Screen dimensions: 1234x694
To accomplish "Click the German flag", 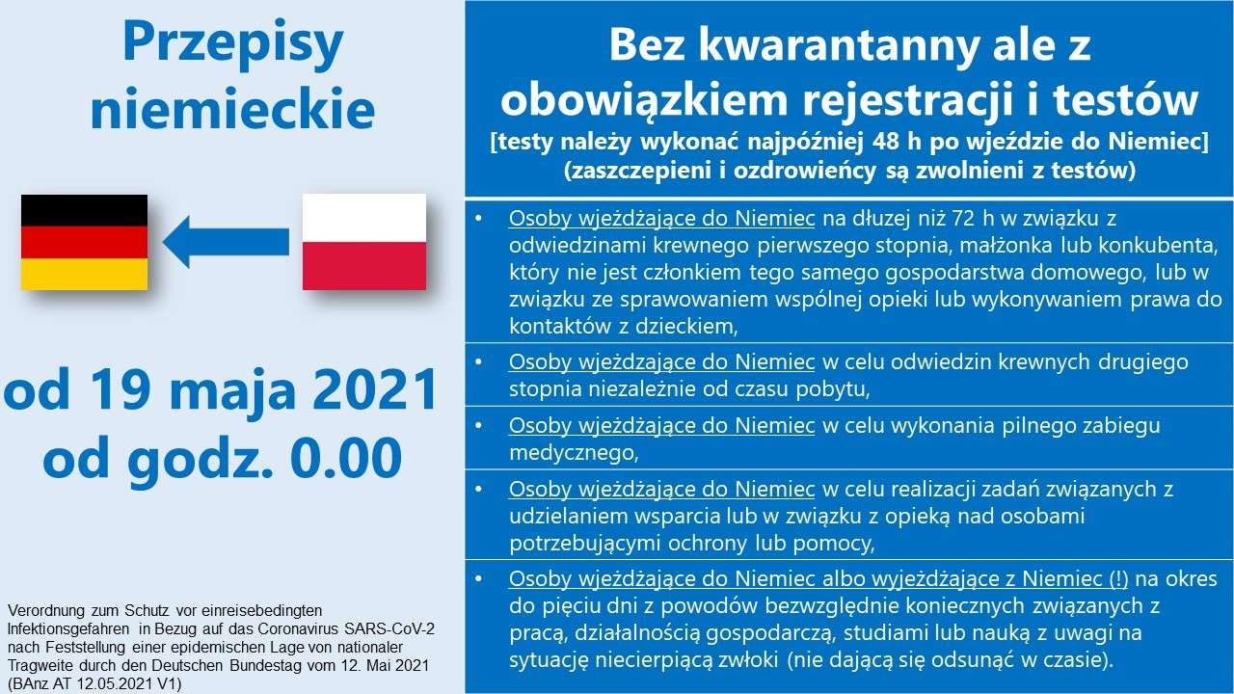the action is (x=84, y=242).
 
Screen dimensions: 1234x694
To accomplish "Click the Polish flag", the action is (x=364, y=242).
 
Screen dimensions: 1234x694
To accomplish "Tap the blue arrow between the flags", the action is (x=226, y=242).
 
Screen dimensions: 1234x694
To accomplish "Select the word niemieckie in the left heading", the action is (x=232, y=108).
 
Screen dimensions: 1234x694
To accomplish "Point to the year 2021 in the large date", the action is (x=376, y=390).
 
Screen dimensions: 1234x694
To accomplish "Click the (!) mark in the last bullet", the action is (x=1119, y=578).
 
